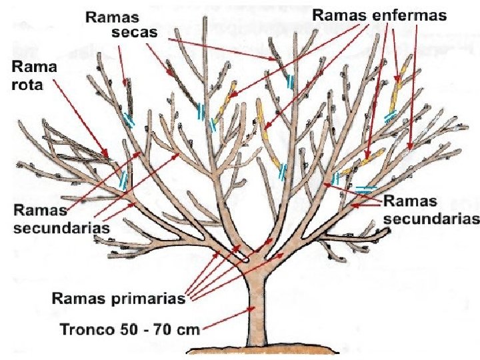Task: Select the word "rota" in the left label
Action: [x=27, y=85]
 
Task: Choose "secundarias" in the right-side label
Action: [x=432, y=218]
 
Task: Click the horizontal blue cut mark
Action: [x=363, y=189]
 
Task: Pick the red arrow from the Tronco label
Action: [x=227, y=320]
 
